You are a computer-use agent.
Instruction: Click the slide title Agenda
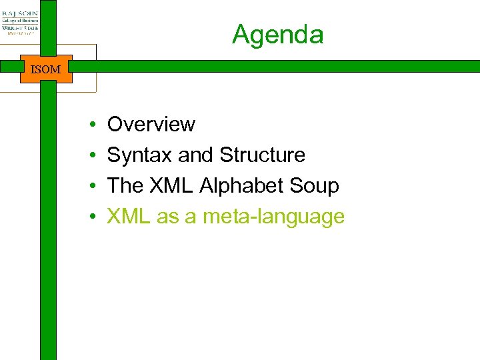(277, 35)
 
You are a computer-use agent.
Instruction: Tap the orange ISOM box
(46, 69)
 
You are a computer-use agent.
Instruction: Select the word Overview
(151, 125)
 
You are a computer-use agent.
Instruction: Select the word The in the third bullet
(125, 186)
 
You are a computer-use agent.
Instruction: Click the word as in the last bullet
(168, 217)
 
